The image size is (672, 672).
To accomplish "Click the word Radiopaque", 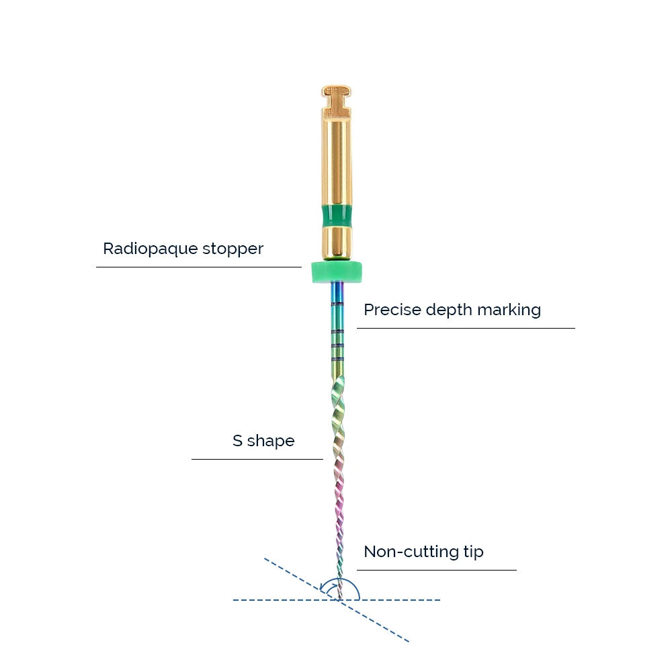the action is click(151, 249).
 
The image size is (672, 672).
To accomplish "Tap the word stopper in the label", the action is click(233, 249).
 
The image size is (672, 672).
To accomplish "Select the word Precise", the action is click(392, 310).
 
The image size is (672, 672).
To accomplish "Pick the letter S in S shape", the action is click(237, 441).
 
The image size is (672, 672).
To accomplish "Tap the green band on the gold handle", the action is click(337, 216).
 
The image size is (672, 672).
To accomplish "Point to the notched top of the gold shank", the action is click(337, 101).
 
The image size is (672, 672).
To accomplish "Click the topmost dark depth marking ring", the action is click(337, 304).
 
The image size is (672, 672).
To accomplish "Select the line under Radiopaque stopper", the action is click(199, 267).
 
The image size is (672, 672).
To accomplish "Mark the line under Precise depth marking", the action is click(466, 329).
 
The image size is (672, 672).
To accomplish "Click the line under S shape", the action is click(257, 459).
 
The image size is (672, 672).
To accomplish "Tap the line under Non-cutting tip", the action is click(437, 570).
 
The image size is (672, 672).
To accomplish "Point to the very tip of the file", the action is click(340, 599).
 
